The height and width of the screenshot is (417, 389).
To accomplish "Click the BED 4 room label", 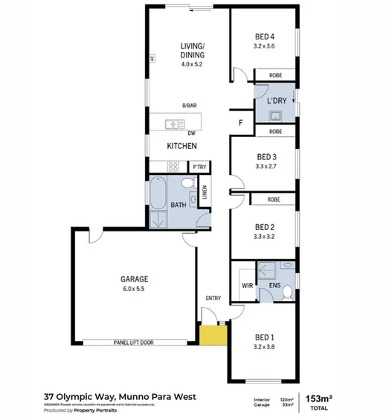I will (x=265, y=36).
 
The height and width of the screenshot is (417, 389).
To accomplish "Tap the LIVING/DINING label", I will (x=192, y=51).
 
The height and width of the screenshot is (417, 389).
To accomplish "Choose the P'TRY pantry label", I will (x=199, y=167).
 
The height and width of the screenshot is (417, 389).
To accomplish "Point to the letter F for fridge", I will (x=240, y=122).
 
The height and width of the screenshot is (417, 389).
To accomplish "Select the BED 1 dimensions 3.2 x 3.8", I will (x=265, y=346).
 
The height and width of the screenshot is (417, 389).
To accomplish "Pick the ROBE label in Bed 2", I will (x=274, y=200).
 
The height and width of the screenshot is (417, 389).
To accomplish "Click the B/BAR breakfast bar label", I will (x=190, y=105).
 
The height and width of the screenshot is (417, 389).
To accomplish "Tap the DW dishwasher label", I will (x=191, y=133).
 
